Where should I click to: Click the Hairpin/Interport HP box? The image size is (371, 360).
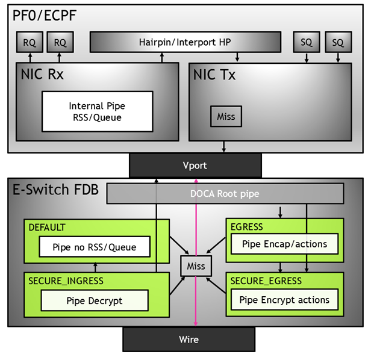pyautogui.click(x=185, y=42)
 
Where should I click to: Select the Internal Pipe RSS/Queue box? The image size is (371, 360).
pyautogui.click(x=96, y=111)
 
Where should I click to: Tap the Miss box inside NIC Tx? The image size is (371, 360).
pyautogui.click(x=226, y=116)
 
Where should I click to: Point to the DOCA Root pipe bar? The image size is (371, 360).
pyautogui.click(x=225, y=193)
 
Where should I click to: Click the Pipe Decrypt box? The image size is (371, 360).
pyautogui.click(x=95, y=300)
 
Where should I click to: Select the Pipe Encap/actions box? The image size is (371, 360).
pyautogui.click(x=284, y=244)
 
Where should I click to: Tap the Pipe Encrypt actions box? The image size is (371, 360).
pyautogui.click(x=284, y=300)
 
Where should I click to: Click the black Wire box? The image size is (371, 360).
pyautogui.click(x=189, y=340)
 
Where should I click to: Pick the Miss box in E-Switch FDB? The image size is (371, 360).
pyautogui.click(x=196, y=266)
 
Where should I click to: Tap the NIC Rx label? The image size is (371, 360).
pyautogui.click(x=42, y=75)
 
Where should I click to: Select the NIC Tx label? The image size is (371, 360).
pyautogui.click(x=214, y=75)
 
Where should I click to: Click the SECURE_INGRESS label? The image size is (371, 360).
pyautogui.click(x=66, y=281)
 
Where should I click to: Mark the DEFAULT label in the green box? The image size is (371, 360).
pyautogui.click(x=47, y=228)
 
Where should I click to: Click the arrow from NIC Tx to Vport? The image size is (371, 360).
pyautogui.click(x=225, y=146)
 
